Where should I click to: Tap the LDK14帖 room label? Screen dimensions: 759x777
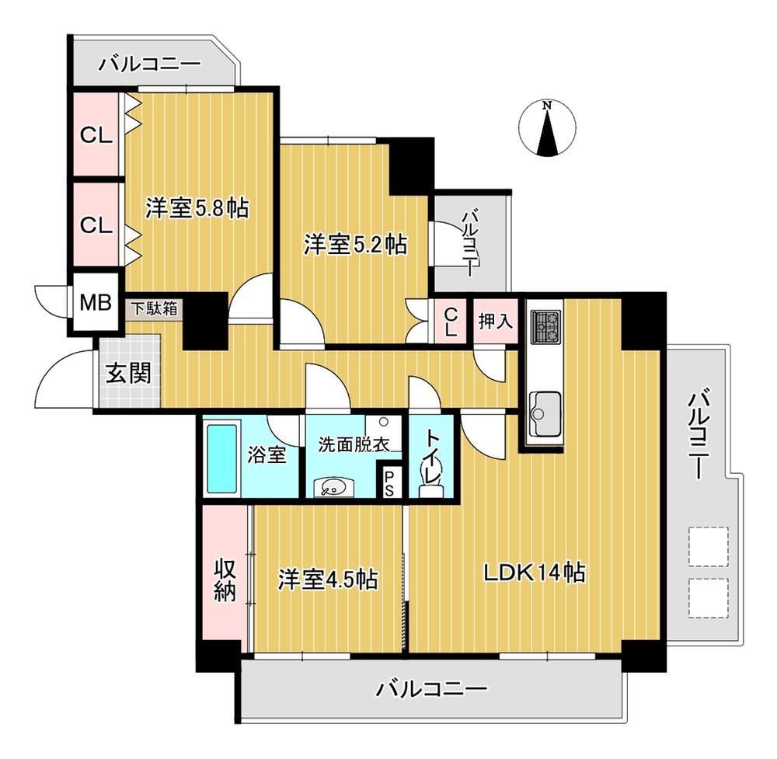(534, 573)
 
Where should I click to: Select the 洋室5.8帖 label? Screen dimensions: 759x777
(197, 208)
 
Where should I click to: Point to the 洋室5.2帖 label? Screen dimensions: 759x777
(354, 245)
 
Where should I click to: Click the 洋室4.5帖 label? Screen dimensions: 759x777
(328, 579)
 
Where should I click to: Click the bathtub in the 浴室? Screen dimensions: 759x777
(220, 458)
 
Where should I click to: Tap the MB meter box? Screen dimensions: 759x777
(93, 301)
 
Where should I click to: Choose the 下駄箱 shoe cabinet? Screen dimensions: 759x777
(153, 308)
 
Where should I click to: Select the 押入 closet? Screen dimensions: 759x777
(495, 320)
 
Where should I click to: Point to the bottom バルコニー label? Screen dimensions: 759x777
(431, 689)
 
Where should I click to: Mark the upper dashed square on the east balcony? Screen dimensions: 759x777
(708, 545)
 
